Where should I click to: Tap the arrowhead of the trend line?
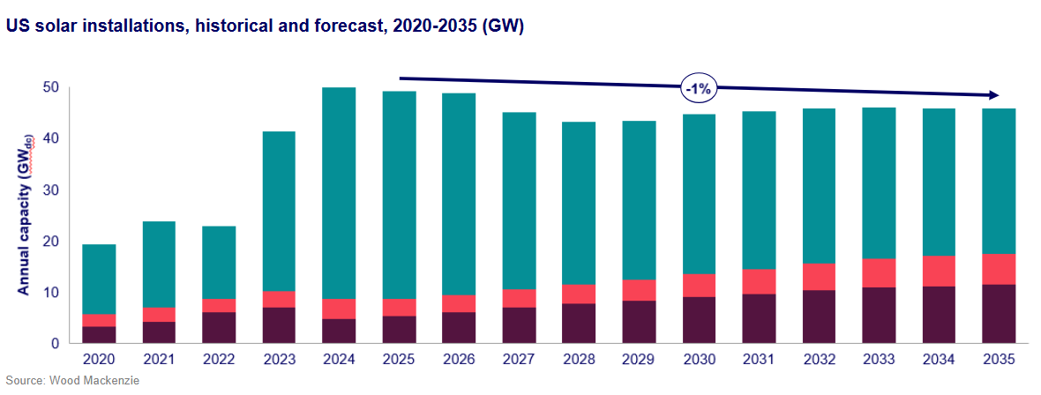point(993,95)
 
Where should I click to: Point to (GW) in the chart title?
point(505,26)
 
